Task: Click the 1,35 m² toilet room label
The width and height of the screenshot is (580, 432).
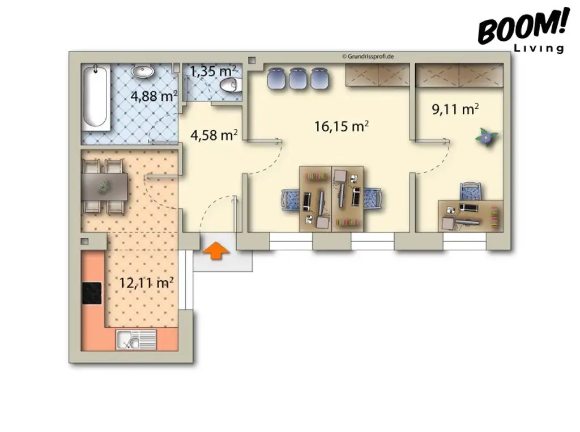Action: [x=212, y=71]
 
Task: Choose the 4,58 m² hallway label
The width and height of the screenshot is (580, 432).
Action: [x=214, y=135]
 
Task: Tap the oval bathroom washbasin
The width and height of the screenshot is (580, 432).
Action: [x=143, y=72]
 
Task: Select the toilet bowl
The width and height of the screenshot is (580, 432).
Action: [x=231, y=85]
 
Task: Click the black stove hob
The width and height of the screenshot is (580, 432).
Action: [x=92, y=293]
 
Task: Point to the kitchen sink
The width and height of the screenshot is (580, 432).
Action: [x=136, y=340]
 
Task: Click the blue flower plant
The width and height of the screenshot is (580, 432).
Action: [x=485, y=136]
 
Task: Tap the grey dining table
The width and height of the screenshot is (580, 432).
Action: [x=105, y=186]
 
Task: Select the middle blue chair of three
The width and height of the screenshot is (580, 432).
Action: [x=298, y=78]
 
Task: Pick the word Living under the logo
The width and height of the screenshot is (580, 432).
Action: [x=539, y=49]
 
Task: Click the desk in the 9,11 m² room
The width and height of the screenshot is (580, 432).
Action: [x=470, y=216]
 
